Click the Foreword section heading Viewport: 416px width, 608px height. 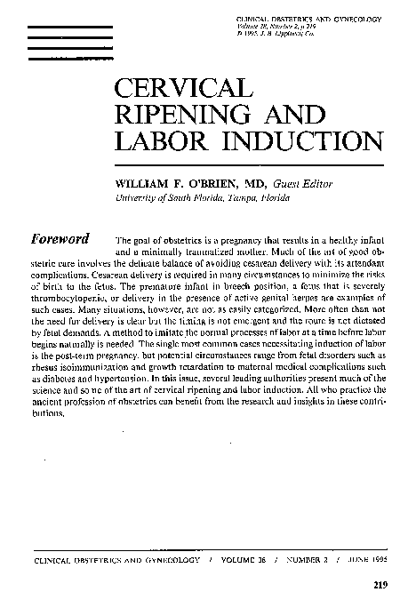pos(60,240)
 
